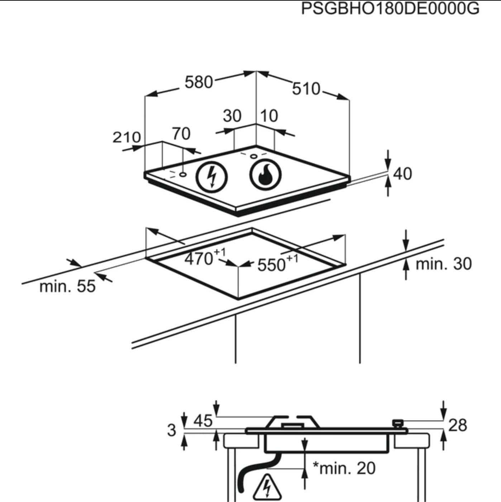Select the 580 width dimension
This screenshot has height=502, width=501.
(x=199, y=82)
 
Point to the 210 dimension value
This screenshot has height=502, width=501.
(x=127, y=137)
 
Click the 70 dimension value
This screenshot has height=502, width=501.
(x=181, y=134)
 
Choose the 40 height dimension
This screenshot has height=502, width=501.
(x=402, y=174)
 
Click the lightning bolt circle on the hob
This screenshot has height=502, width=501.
(x=212, y=177)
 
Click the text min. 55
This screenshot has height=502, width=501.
(x=67, y=286)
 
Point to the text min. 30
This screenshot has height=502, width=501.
(x=443, y=264)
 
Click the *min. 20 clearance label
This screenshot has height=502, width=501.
(x=344, y=468)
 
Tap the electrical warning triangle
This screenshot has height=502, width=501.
(x=267, y=487)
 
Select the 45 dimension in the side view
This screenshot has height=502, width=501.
(x=203, y=421)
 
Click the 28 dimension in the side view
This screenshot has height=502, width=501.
(x=458, y=425)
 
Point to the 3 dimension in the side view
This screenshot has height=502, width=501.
(x=172, y=430)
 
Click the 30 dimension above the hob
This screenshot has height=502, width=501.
(x=232, y=116)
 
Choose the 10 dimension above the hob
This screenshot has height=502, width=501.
(x=269, y=116)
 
